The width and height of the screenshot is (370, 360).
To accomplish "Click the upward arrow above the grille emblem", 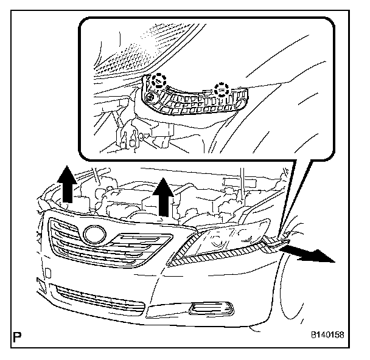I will (x=68, y=185).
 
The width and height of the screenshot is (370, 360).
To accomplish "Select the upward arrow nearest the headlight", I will (x=162, y=196).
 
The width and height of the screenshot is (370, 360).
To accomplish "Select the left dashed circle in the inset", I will (x=159, y=80).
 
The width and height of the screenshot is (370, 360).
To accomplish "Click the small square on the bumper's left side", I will (x=40, y=282).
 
